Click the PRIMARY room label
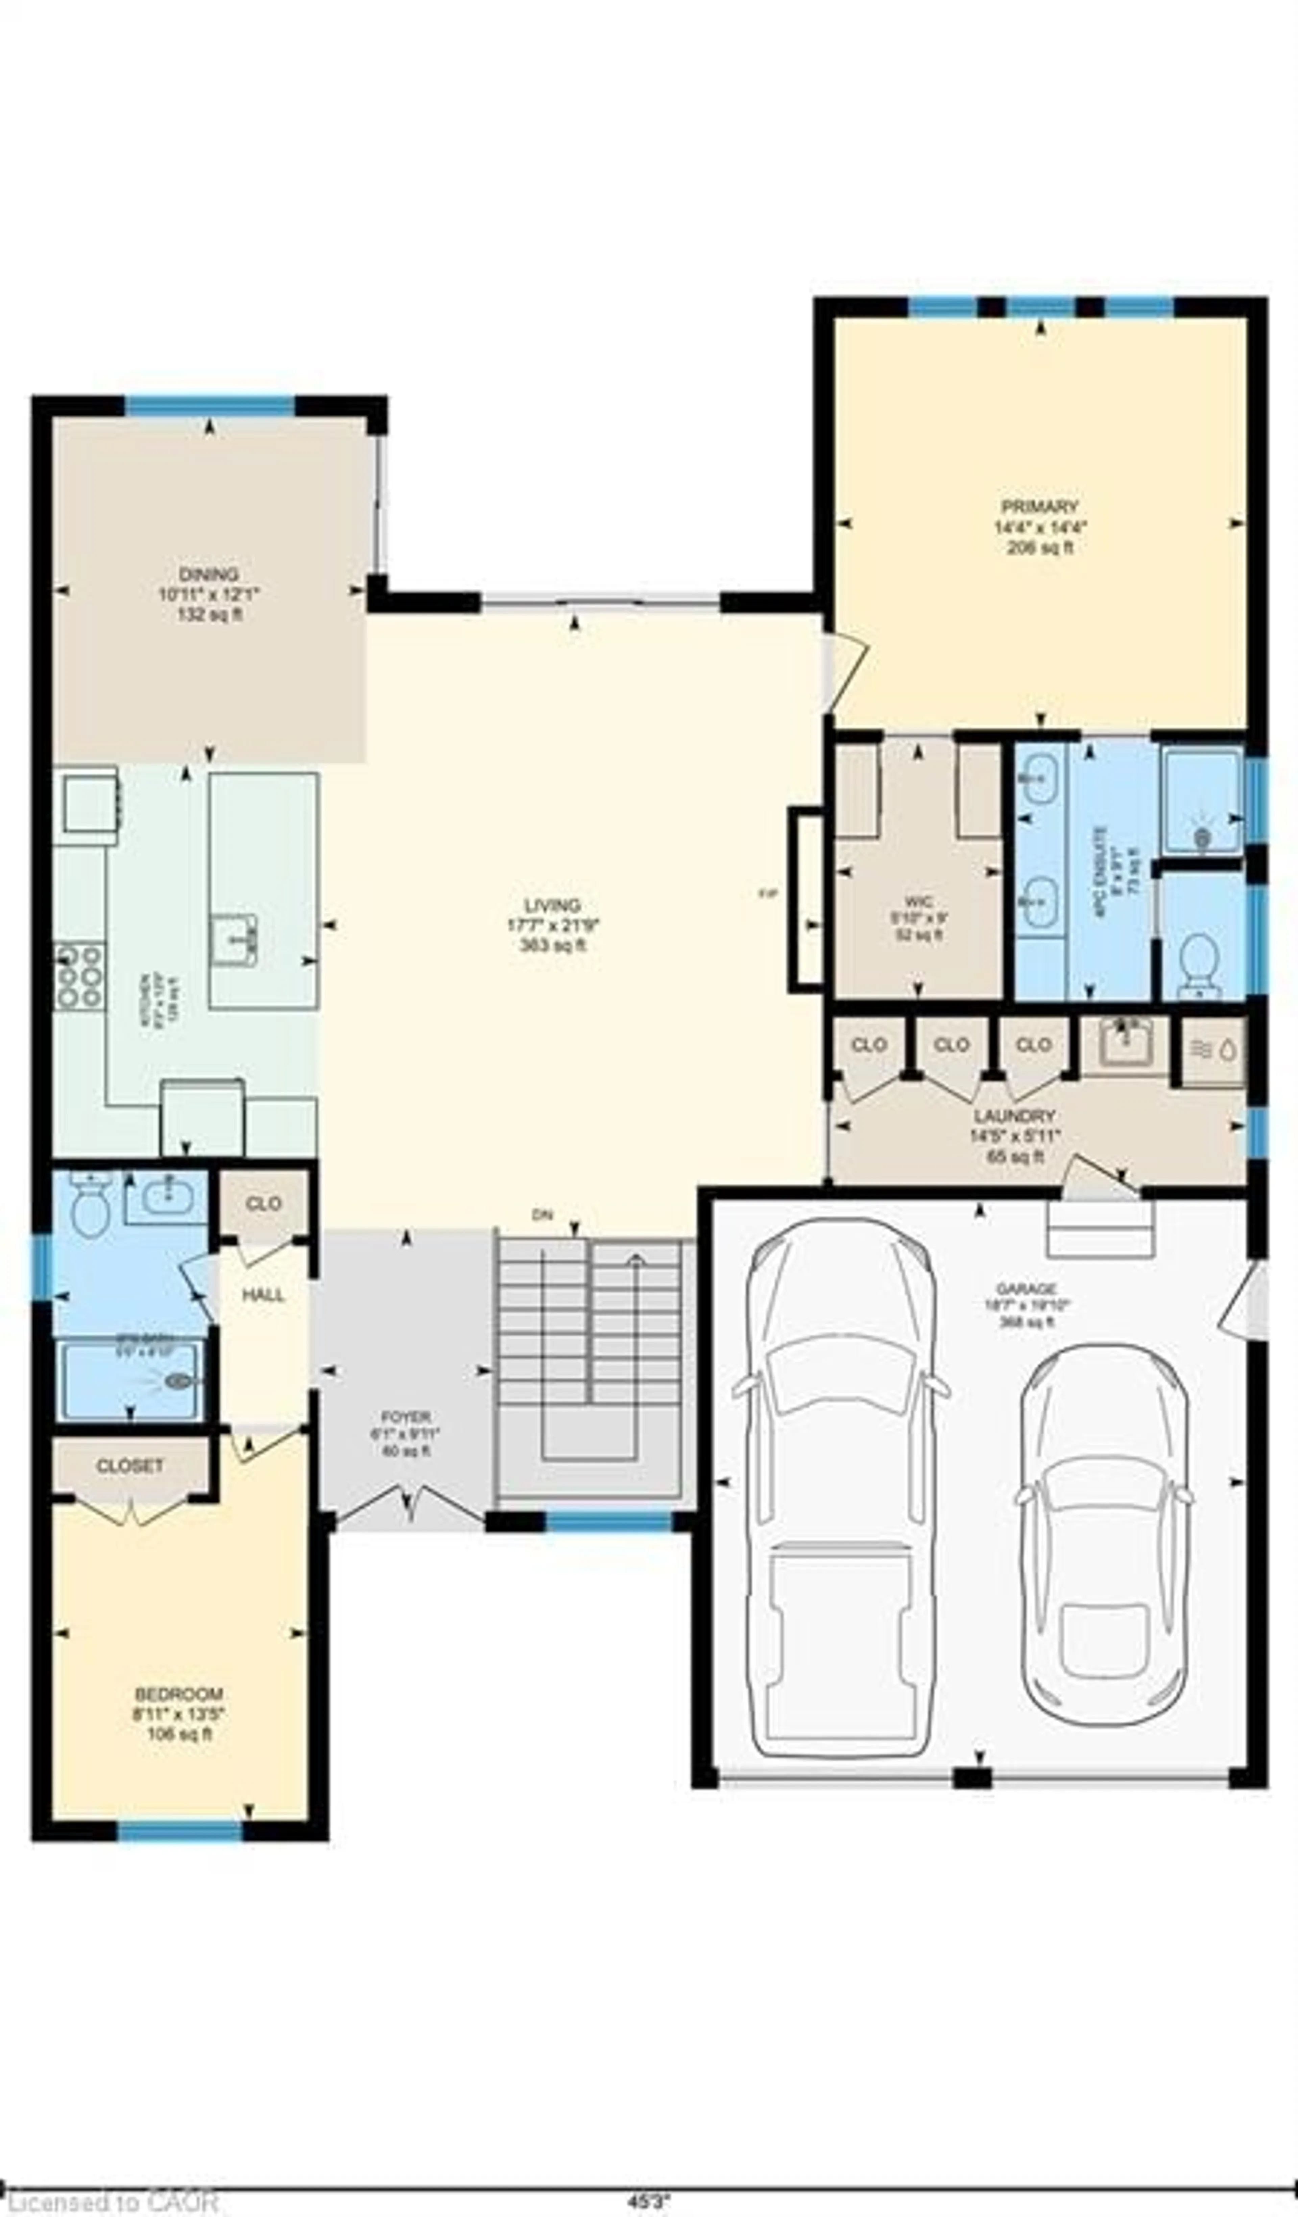(1039, 507)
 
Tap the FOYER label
(406, 1417)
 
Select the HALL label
(263, 1295)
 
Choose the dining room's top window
(210, 406)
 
